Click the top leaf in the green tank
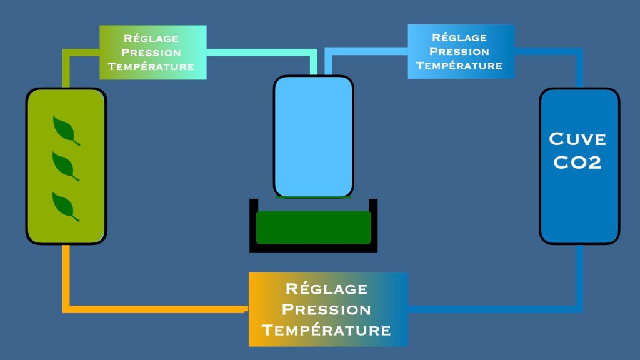[66, 130]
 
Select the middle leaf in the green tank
[66, 166]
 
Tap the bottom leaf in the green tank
[66, 206]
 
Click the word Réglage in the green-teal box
[152, 39]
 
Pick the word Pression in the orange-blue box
[327, 309]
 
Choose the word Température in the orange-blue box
[327, 330]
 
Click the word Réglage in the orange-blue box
[327, 289]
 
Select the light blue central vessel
[314, 136]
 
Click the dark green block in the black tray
[314, 227]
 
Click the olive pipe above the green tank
[66, 69]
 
